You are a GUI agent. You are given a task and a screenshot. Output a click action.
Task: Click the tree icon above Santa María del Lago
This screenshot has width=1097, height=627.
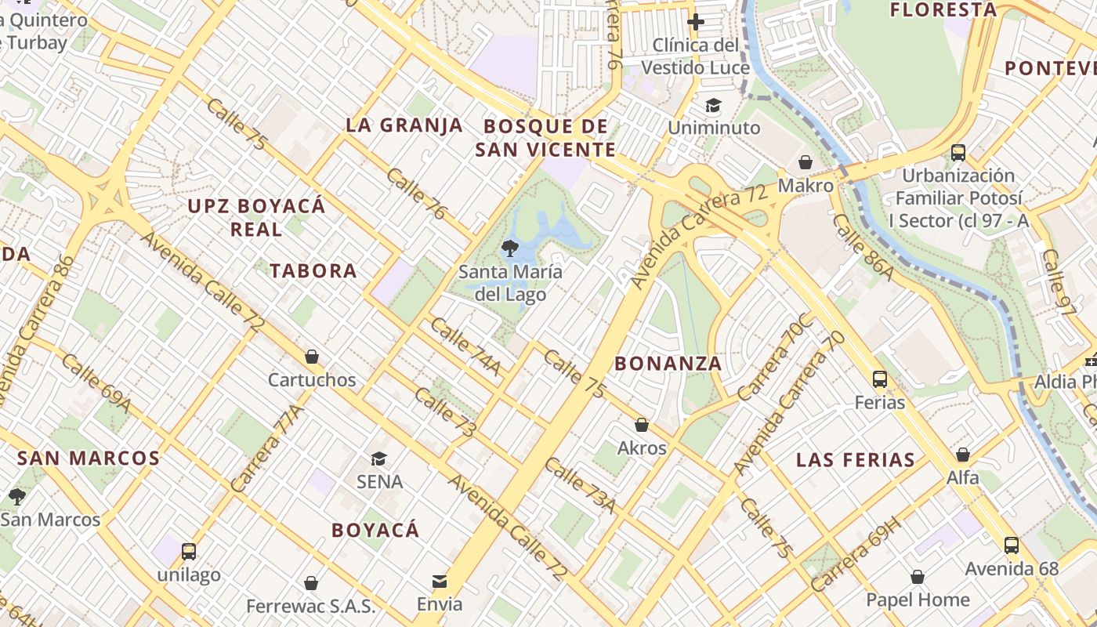[510, 249]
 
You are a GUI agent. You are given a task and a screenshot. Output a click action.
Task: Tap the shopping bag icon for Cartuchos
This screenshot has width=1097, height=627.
[312, 357]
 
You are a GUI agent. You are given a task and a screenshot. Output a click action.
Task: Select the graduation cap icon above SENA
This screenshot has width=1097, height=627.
[379, 458]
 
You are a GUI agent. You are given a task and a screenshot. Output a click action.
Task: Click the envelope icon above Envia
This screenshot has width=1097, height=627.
[440, 582]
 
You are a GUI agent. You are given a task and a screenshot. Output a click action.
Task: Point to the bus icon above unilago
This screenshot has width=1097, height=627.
[188, 551]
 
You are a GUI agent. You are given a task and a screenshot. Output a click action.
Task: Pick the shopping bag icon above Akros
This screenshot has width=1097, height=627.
[642, 425]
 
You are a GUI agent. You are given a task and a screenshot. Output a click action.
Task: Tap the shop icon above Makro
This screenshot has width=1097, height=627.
[805, 162]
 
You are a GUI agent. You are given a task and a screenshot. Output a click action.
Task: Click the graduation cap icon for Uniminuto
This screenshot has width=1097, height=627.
[713, 105]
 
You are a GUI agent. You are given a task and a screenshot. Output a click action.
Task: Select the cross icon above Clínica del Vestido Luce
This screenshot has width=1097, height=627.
[695, 21]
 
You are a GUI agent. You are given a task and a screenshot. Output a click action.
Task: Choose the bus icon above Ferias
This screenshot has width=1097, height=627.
[880, 379]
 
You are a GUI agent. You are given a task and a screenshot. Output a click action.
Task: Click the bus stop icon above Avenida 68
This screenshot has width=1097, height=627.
[1012, 545]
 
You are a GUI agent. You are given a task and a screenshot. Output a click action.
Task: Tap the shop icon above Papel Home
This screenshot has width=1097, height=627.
[918, 578]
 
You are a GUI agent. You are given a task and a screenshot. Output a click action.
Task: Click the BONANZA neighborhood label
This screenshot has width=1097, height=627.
[668, 364]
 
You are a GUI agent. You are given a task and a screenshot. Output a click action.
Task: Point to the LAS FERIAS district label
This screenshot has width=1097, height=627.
[855, 460]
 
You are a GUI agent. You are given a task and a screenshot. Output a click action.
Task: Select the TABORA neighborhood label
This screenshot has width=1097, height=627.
[313, 271]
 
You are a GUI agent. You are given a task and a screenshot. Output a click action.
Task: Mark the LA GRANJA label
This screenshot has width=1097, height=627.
[404, 125]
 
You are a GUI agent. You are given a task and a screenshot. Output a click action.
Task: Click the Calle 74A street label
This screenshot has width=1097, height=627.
[465, 346]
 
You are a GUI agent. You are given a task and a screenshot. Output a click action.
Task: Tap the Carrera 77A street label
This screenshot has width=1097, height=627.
[267, 448]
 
